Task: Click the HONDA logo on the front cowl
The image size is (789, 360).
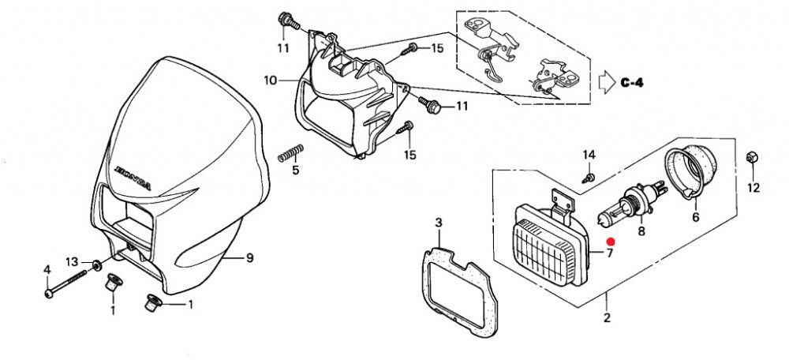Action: pyautogui.click(x=133, y=178)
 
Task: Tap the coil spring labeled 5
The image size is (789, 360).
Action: pyautogui.click(x=291, y=153)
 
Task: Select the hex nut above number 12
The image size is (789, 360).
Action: pyautogui.click(x=752, y=157)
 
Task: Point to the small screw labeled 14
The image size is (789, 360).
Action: pyautogui.click(x=589, y=177)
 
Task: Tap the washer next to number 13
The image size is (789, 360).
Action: pyautogui.click(x=95, y=264)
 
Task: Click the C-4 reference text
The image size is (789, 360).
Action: pyautogui.click(x=632, y=83)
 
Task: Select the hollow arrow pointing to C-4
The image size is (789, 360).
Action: pyautogui.click(x=606, y=81)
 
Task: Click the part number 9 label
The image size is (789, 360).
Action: pyautogui.click(x=249, y=259)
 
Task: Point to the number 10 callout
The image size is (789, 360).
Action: pyautogui.click(x=270, y=80)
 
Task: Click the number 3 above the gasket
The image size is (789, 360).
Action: pyautogui.click(x=438, y=222)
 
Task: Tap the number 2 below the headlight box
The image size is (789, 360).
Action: pyautogui.click(x=607, y=317)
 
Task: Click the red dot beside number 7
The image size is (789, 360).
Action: pyautogui.click(x=611, y=242)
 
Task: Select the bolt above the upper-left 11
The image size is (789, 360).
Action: pyautogui.click(x=287, y=21)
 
